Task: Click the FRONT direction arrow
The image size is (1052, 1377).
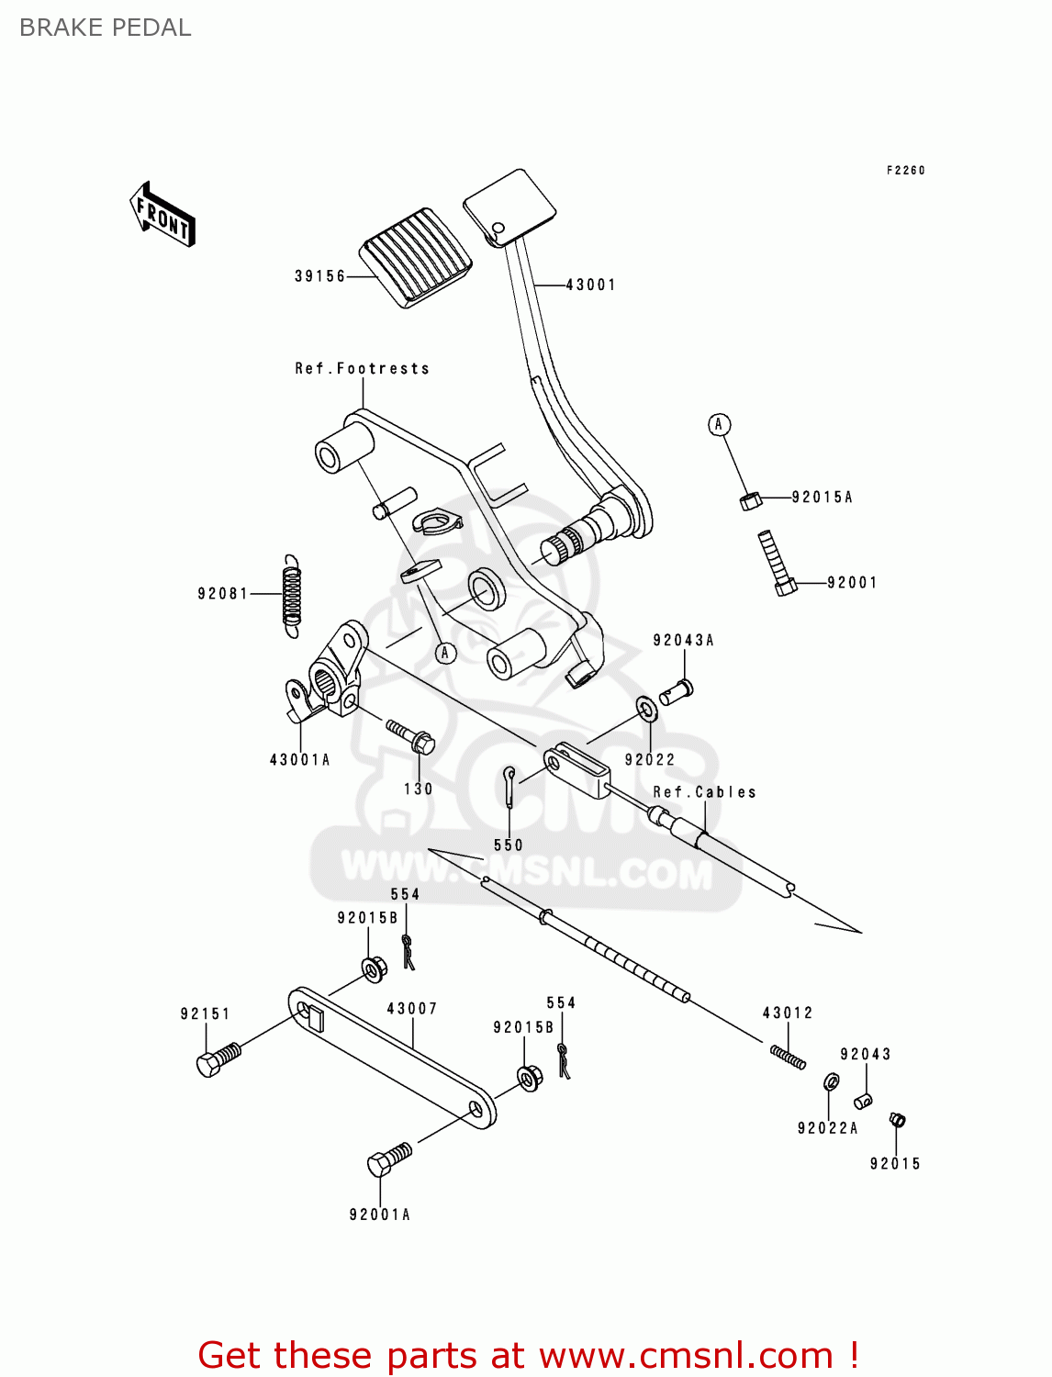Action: click(162, 215)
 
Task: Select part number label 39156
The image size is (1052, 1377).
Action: click(319, 276)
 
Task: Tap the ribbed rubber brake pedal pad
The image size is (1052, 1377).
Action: click(416, 257)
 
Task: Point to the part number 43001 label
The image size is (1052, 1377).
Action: click(590, 285)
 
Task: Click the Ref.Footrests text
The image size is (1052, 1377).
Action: click(362, 369)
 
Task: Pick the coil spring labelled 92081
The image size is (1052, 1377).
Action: click(291, 596)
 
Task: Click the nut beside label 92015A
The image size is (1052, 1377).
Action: click(750, 500)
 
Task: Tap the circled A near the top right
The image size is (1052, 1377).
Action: click(719, 424)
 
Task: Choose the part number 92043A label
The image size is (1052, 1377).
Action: click(683, 641)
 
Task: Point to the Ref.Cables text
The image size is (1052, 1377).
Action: click(704, 792)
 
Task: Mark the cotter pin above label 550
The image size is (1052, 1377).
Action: click(509, 786)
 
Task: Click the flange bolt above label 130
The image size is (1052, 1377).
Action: click(410, 735)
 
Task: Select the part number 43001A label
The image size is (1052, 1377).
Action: click(299, 760)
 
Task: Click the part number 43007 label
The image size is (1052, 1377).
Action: click(412, 1009)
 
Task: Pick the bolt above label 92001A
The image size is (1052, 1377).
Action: click(388, 1159)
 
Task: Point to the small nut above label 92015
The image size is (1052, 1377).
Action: click(897, 1119)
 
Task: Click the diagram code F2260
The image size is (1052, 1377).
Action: click(905, 171)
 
